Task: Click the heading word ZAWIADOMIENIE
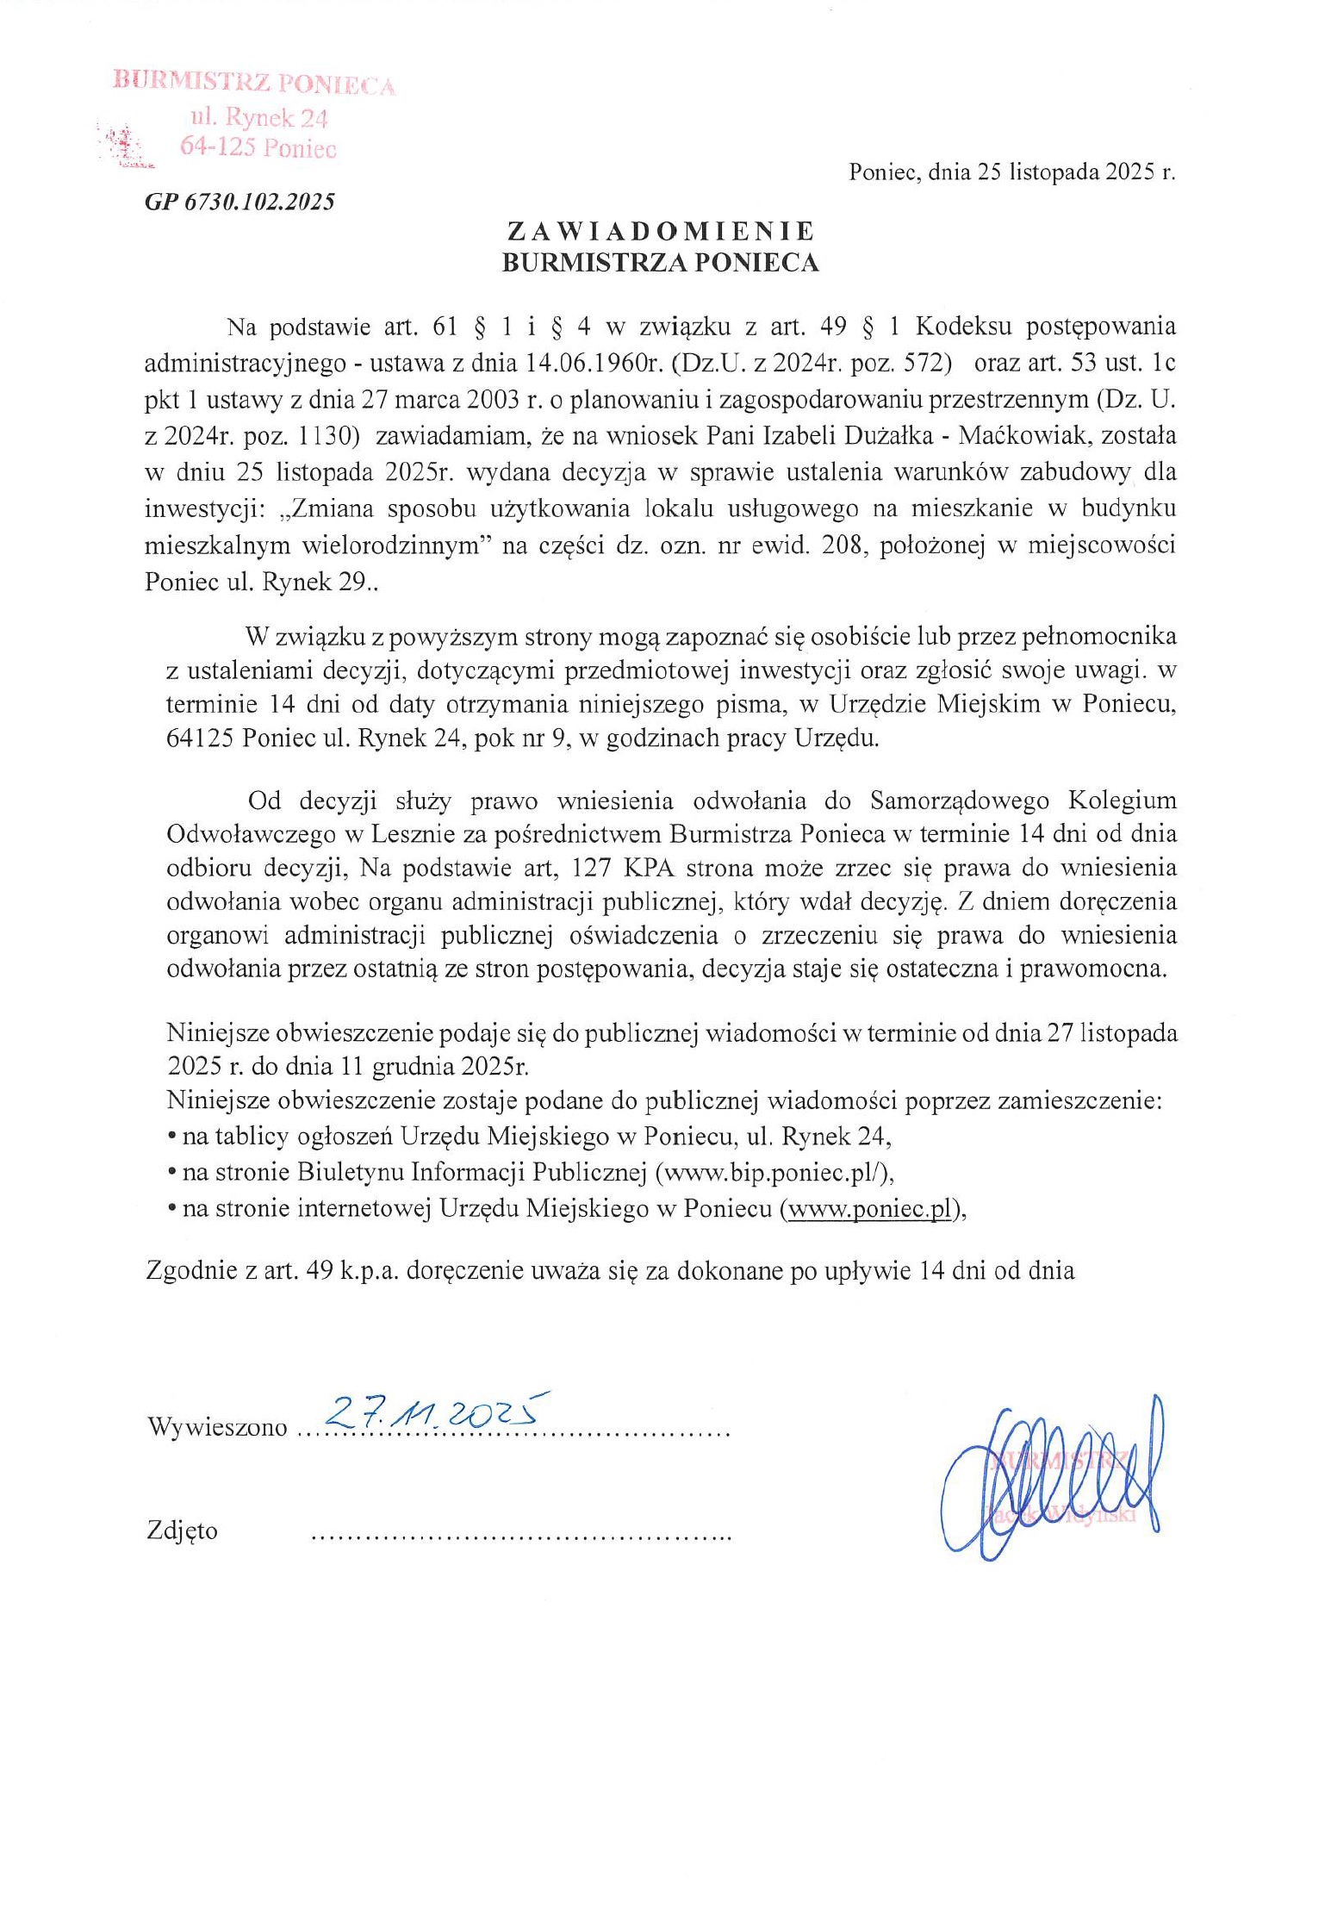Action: (660, 231)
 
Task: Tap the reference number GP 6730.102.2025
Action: (239, 203)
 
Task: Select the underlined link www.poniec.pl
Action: (869, 1209)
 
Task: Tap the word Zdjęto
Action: (183, 1531)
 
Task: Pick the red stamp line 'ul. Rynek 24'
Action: (259, 117)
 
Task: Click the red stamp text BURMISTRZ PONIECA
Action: (254, 84)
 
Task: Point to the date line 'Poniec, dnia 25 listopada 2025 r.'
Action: (1011, 172)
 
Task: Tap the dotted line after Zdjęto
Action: (519, 1535)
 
